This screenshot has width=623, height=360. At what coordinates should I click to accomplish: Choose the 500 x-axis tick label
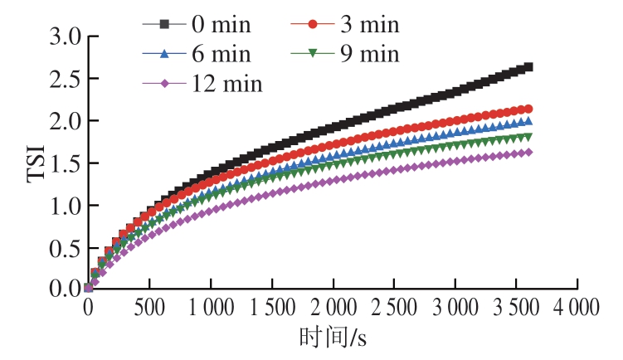tap(149, 308)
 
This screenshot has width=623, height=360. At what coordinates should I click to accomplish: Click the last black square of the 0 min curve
tap(528, 67)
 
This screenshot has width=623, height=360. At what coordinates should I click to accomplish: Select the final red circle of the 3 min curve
tap(528, 109)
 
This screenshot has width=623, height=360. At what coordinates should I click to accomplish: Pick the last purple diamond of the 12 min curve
tap(528, 152)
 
